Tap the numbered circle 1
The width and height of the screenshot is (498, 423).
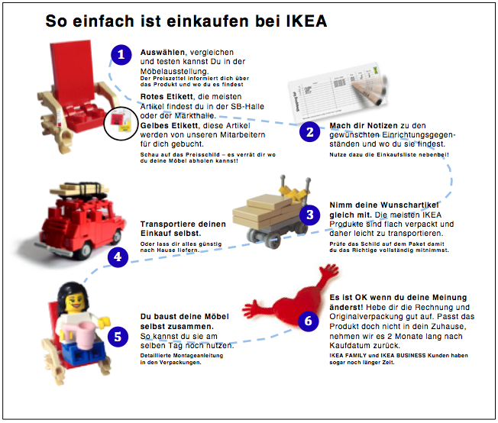[121, 54]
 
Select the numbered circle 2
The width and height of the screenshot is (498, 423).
[309, 132]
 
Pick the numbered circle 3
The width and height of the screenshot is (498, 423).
[309, 215]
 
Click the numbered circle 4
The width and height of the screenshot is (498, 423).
[118, 257]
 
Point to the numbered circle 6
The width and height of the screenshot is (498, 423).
[309, 321]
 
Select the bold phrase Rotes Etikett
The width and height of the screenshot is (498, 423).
[162, 97]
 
